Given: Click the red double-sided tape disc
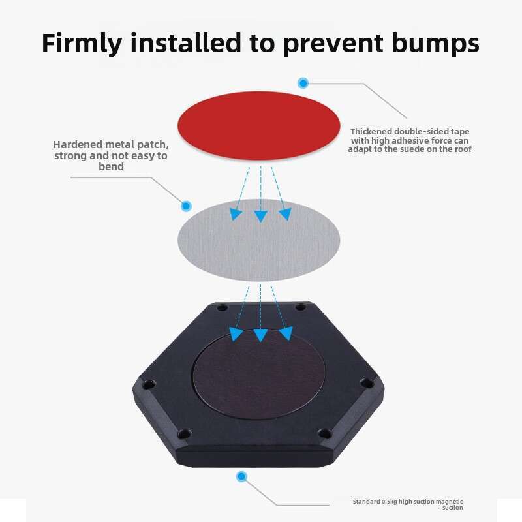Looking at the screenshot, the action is tap(258, 125).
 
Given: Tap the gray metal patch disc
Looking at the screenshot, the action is tap(258, 240).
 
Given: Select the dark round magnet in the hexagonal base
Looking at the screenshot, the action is tap(258, 374).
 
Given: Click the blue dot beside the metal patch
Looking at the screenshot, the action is tap(186, 206).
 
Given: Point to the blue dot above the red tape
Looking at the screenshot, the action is tap(303, 83).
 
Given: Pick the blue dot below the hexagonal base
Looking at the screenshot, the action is tap(241, 476).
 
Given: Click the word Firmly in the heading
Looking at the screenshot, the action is tap(82, 43).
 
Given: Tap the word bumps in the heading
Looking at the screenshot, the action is tap(435, 43).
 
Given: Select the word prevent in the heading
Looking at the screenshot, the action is tap(333, 44).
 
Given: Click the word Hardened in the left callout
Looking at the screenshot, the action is tap(77, 144).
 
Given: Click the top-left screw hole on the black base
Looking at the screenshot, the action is tap(222, 307).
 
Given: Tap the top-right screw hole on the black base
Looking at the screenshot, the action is tap(301, 307).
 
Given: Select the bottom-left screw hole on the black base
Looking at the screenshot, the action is tap(184, 434).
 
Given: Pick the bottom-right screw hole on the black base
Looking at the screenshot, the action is tap(325, 433).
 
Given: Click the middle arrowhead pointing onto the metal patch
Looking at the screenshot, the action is tap(260, 216).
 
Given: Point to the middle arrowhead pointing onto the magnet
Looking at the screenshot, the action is tap(260, 335).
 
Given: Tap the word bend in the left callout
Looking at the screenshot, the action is tap(111, 166).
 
